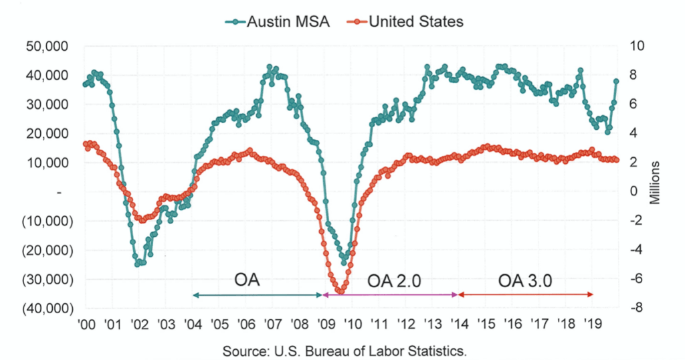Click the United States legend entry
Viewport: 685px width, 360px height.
tap(408, 21)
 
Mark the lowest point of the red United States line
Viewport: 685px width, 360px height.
tap(340, 292)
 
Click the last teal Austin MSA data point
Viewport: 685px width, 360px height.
tap(616, 81)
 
